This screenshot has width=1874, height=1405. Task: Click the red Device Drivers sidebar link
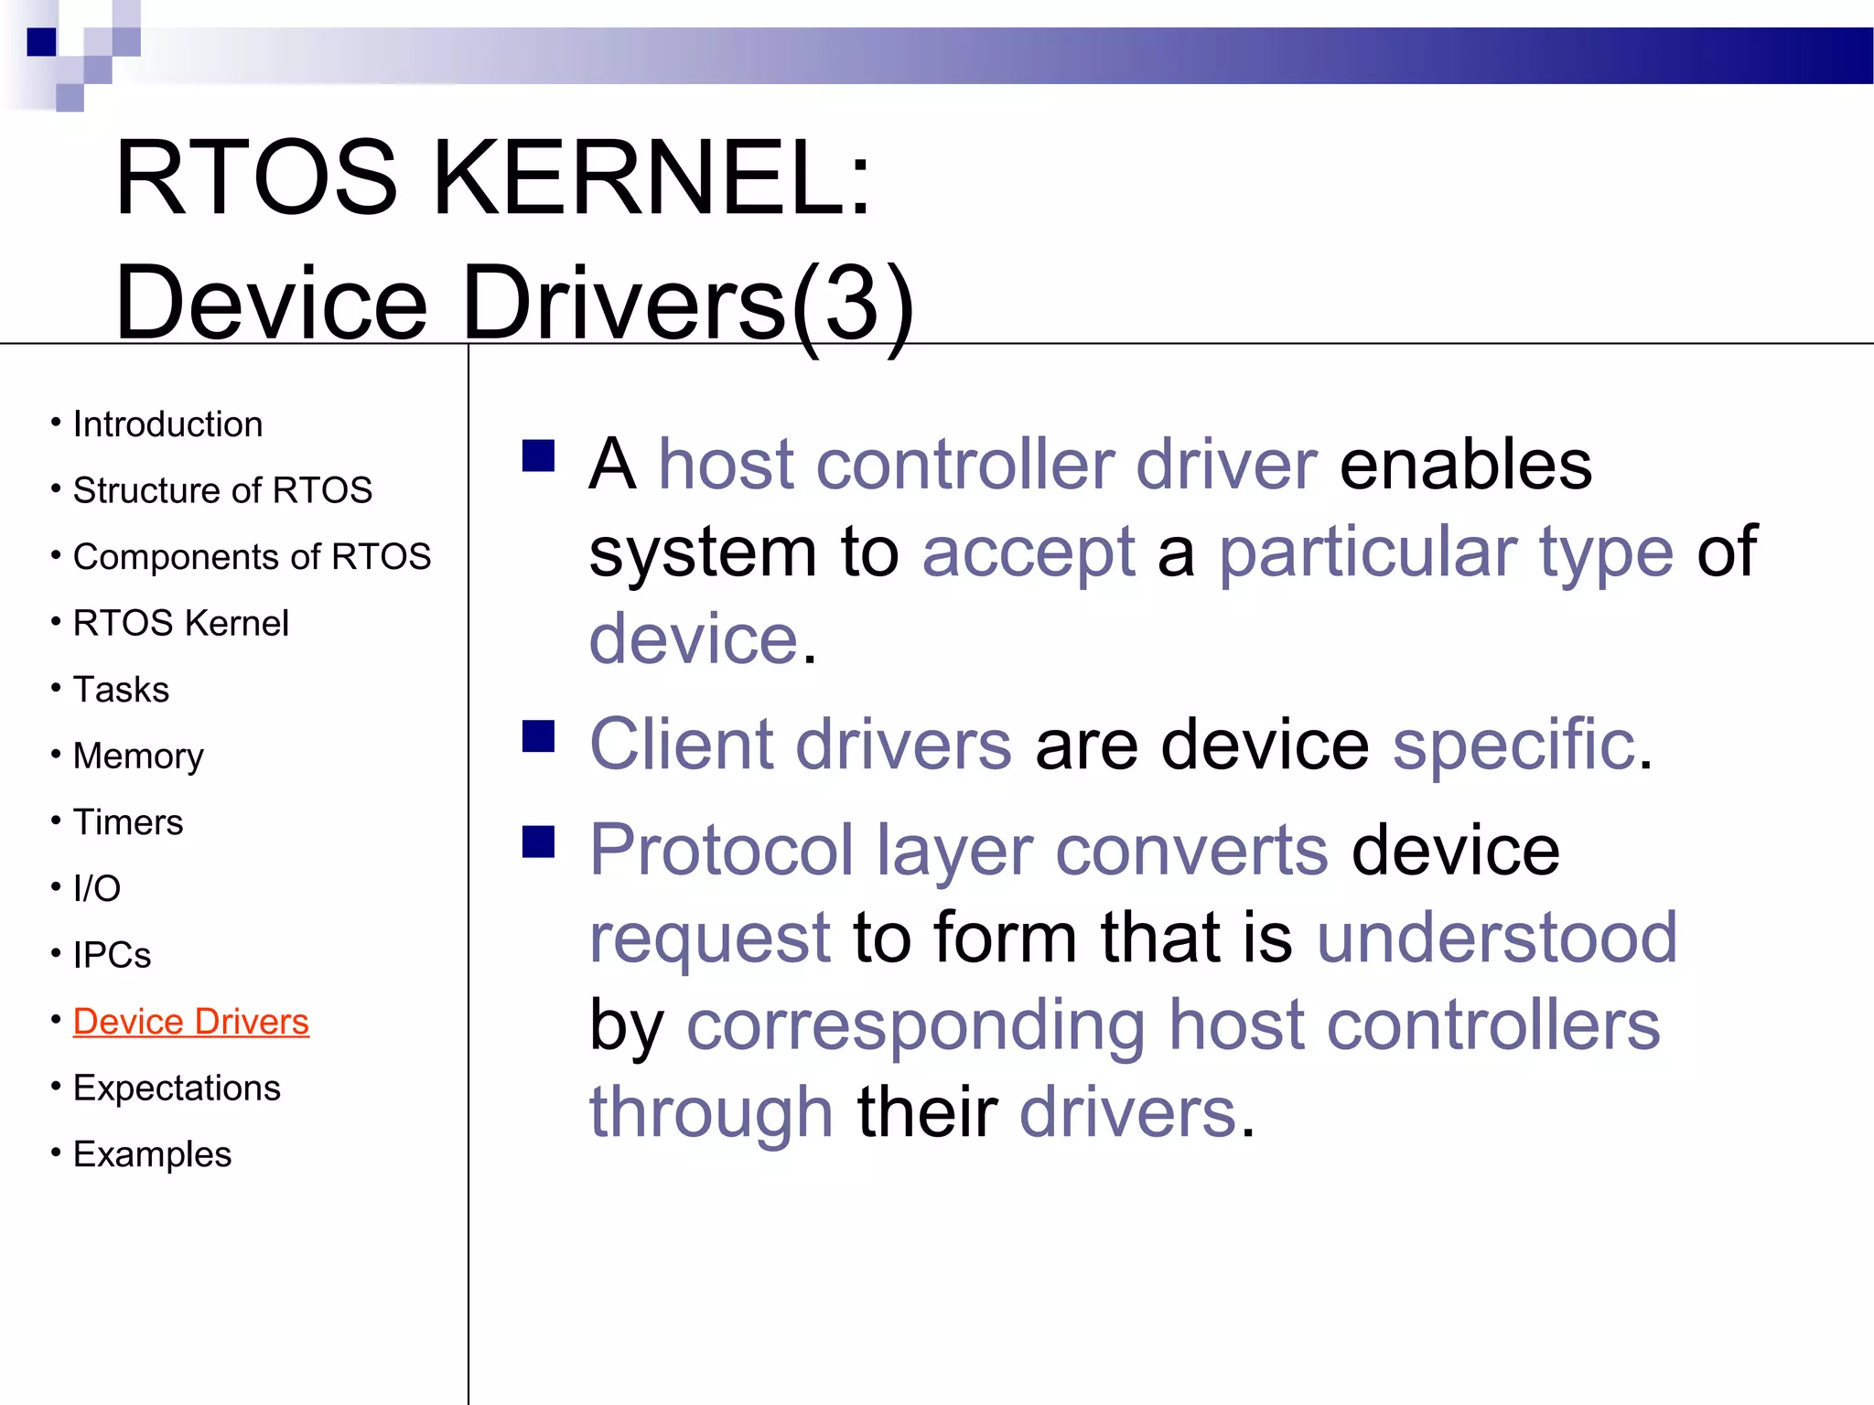tap(190, 1022)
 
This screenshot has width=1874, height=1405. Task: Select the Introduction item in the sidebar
tap(167, 424)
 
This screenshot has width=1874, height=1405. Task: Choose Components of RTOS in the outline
tap(252, 557)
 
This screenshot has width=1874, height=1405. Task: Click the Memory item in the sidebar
tap(138, 756)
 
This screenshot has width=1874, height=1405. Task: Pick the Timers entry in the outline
tap(128, 822)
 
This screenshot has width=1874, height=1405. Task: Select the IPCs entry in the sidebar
tap(112, 955)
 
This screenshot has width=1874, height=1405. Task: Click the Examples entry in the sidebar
tap(152, 1154)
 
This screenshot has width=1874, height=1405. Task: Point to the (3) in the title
tap(853, 304)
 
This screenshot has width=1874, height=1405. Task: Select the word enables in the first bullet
tap(1465, 465)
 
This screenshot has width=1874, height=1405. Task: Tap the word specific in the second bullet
tap(1513, 745)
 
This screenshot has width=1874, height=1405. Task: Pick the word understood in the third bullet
tap(1497, 938)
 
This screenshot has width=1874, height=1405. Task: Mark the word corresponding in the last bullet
tap(916, 1026)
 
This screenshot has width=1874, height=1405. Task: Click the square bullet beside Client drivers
tap(539, 735)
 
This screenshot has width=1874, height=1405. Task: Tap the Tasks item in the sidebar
tap(121, 690)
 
